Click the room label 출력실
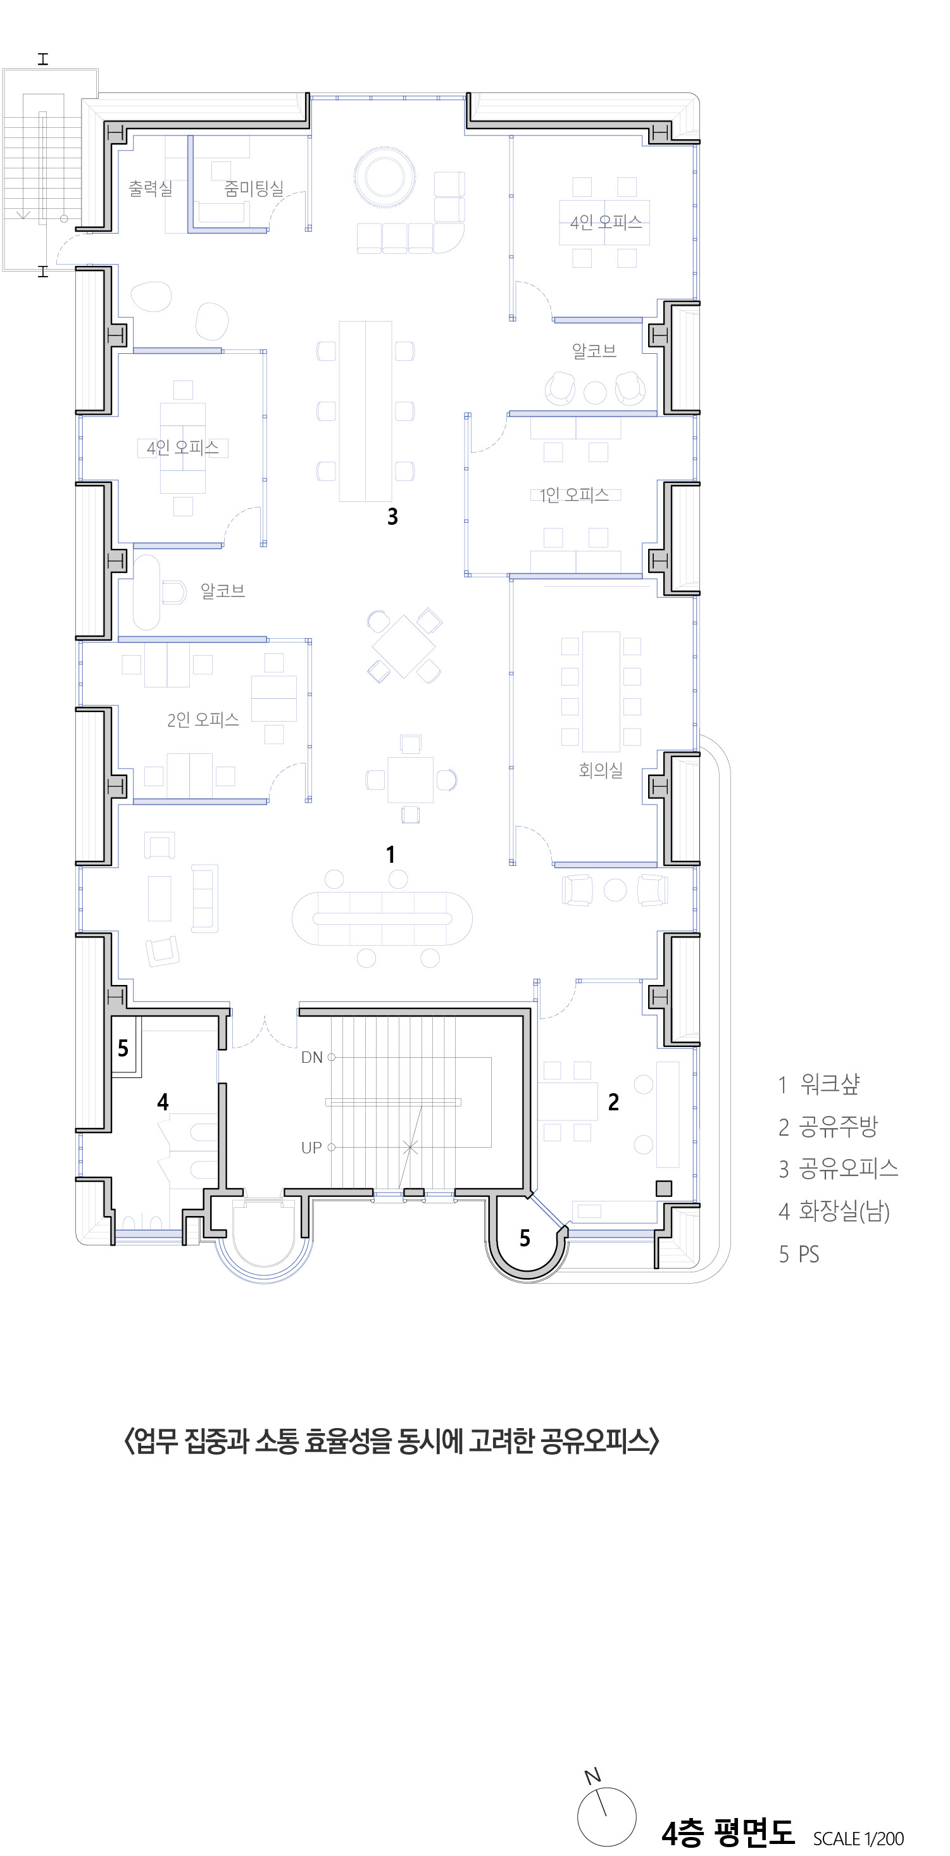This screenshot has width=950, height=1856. (151, 189)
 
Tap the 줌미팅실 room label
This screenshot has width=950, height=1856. (254, 189)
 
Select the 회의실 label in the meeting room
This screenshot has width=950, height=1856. (601, 770)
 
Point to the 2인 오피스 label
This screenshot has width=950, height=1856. (203, 720)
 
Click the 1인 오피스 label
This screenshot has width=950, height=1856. (575, 495)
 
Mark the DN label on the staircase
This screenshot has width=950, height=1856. (312, 1058)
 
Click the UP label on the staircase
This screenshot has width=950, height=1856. (311, 1148)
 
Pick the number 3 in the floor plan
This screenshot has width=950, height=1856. (392, 517)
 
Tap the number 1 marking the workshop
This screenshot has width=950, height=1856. (391, 855)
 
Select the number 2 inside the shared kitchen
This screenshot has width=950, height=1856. (614, 1101)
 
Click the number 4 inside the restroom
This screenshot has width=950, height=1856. (163, 1101)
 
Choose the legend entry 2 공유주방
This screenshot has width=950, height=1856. (828, 1126)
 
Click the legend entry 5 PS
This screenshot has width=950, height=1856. (799, 1255)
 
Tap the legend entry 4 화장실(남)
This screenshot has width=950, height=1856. (834, 1211)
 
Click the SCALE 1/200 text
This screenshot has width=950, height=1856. (858, 1838)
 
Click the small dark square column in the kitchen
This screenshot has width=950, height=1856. (664, 1188)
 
